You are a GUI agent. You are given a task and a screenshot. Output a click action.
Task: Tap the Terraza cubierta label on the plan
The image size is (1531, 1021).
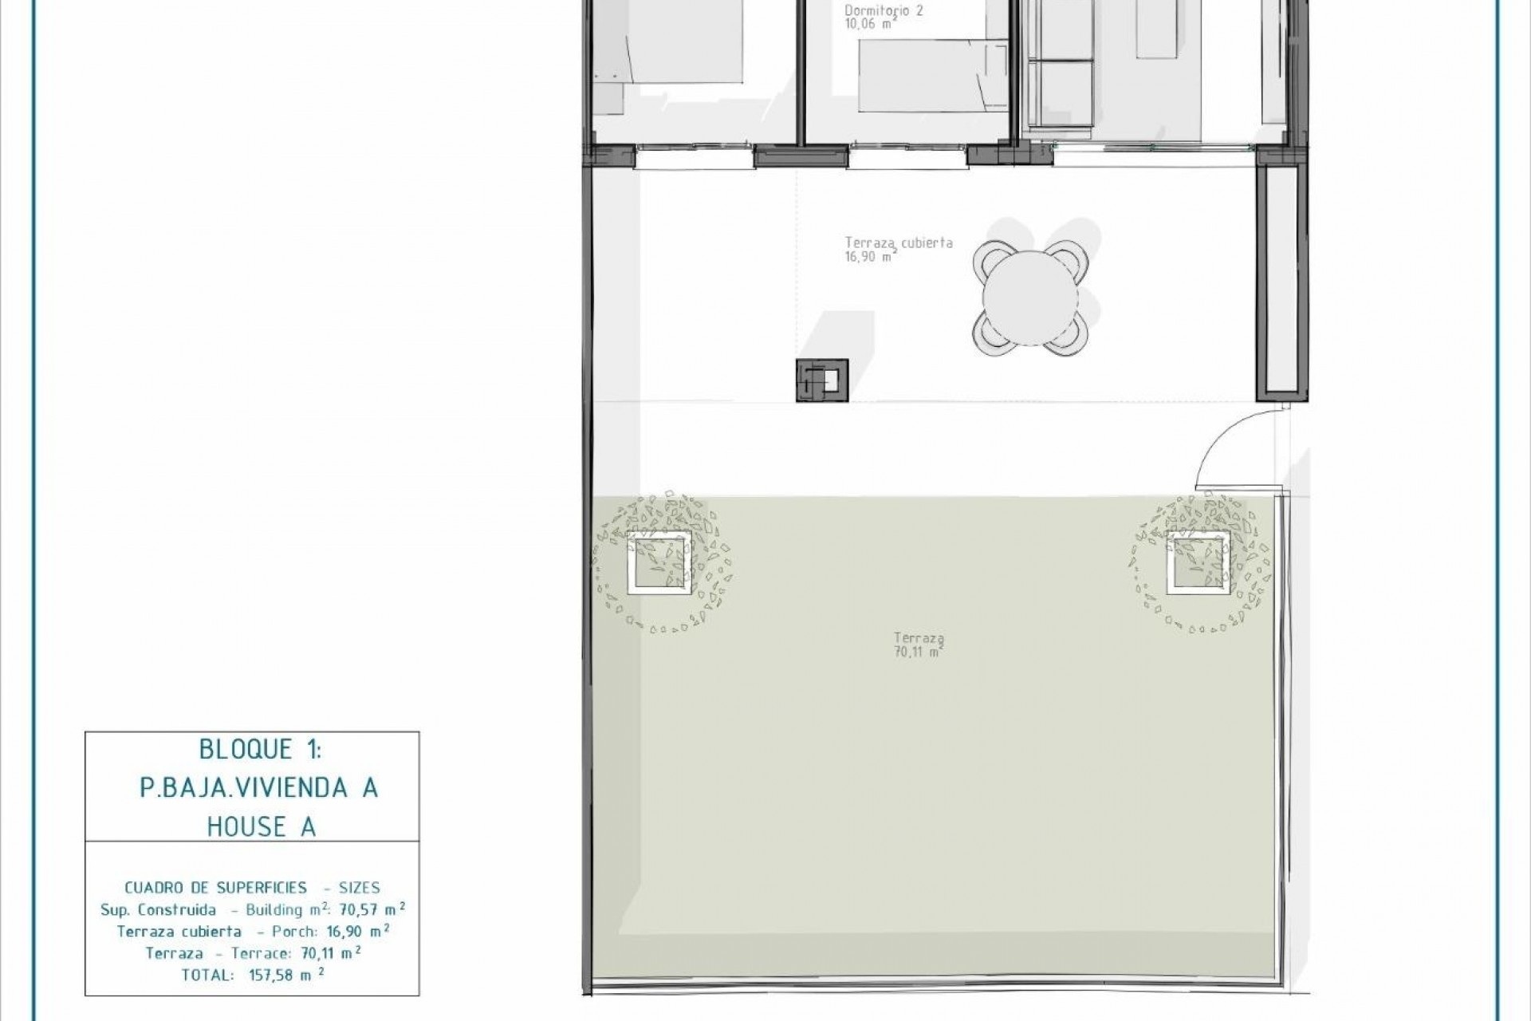(x=899, y=243)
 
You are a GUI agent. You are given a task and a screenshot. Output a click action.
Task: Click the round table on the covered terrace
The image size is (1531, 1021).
(x=1029, y=299)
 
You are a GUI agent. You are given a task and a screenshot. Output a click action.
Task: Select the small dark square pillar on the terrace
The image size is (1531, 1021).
(x=821, y=380)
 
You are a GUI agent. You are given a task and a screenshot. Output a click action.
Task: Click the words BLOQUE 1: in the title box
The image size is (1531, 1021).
(x=259, y=750)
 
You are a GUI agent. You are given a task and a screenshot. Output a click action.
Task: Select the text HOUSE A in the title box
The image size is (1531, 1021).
(x=262, y=827)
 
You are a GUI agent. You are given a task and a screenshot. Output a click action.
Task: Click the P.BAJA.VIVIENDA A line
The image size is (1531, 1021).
(x=259, y=788)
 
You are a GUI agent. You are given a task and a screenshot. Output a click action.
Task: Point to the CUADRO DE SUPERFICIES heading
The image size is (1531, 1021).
(x=215, y=887)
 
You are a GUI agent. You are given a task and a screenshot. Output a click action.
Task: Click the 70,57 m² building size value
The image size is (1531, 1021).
(x=372, y=909)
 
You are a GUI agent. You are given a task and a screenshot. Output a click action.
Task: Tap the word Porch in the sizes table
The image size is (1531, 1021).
(x=294, y=931)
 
